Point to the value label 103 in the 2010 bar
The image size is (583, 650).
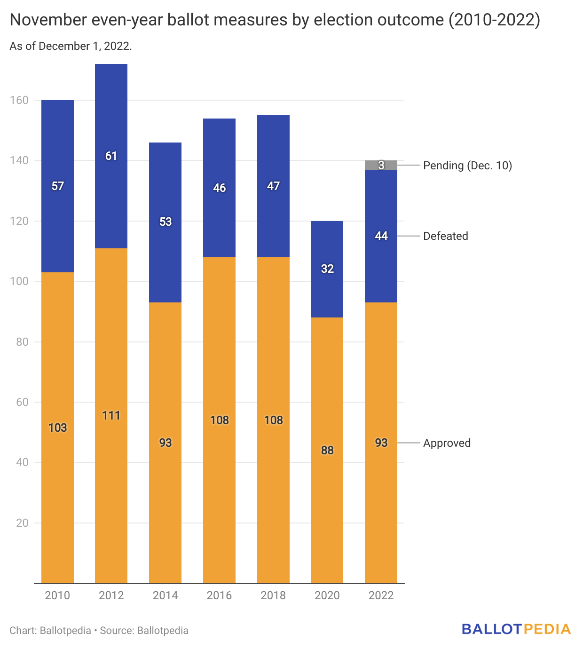tap(58, 428)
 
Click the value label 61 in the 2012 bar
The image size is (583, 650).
tap(111, 156)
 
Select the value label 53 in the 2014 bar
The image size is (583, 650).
tap(165, 222)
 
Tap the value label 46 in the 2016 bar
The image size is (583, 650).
tap(220, 188)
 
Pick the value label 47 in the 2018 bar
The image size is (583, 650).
tap(273, 186)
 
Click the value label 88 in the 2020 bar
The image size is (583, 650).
tap(327, 450)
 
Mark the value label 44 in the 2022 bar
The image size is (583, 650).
tap(381, 236)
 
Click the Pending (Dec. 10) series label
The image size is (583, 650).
tap(467, 166)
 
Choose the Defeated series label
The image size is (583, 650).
tap(446, 236)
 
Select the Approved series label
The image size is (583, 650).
tap(447, 443)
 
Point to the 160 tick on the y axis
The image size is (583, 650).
tap(19, 100)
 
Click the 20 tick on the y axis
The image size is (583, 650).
tap(22, 523)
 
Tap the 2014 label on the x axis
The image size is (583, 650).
tap(165, 595)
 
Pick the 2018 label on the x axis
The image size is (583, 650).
tap(273, 595)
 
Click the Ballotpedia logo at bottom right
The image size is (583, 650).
tap(516, 629)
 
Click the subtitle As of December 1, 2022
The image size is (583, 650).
tap(71, 46)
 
